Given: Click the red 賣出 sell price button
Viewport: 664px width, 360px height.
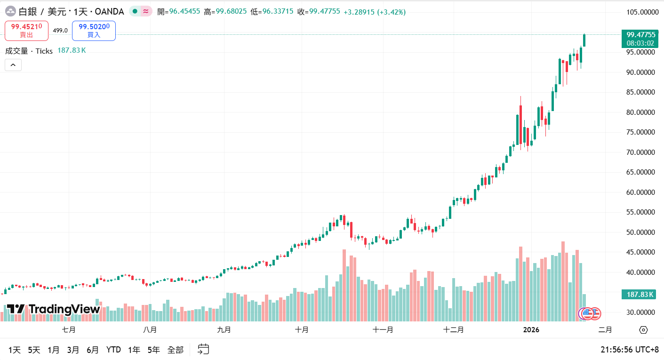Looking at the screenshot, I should pos(26,31).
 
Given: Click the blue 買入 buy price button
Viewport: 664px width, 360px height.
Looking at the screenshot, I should pos(94,31).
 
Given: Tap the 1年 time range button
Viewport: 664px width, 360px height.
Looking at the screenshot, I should pos(134,350).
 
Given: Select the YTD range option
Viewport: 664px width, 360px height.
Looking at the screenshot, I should pos(113,350).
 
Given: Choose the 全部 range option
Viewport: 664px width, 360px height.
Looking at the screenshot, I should pos(176,350).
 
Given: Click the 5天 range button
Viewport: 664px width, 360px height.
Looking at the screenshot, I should pos(34,350).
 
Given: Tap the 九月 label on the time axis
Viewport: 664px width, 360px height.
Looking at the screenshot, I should pos(224,330).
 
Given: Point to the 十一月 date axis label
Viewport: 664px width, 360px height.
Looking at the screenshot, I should pos(383,330).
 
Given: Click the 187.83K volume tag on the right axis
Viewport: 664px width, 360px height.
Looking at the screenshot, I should pos(640,295).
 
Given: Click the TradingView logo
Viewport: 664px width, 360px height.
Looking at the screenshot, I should pos(53,309).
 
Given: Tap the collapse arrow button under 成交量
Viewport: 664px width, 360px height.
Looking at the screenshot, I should pos(13,65).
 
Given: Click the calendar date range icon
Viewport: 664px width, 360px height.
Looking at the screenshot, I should pos(203,349).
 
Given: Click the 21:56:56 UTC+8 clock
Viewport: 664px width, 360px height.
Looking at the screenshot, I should pos(629,350).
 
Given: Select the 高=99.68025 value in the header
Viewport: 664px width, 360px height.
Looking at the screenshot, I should pos(225,11).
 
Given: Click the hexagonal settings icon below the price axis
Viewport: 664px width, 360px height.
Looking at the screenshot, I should pos(643,330).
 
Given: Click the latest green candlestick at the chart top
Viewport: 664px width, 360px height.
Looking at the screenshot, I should pos(584,40).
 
